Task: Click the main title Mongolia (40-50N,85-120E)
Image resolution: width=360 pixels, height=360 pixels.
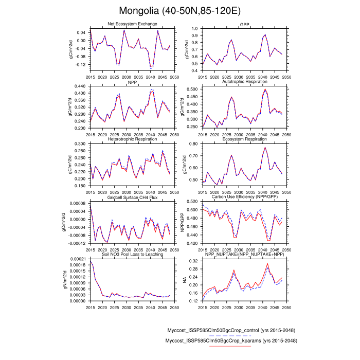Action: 180,11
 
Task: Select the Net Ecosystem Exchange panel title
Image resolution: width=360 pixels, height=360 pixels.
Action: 132,24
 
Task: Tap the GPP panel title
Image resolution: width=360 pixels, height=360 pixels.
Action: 244,24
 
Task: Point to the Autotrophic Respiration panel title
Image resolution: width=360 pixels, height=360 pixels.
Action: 244,82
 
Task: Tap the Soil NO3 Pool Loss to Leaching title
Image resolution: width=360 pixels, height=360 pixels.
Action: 132,255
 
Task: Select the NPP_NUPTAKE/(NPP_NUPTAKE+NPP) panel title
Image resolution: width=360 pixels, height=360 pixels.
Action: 244,255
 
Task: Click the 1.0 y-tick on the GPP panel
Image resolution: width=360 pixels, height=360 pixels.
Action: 195,28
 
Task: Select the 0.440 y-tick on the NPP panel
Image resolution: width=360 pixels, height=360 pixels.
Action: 79,86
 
